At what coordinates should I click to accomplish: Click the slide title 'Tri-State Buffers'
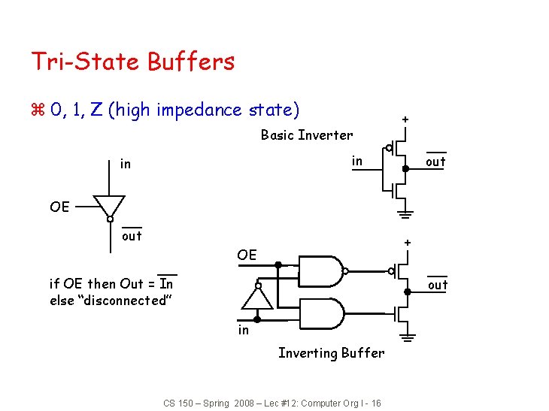132,62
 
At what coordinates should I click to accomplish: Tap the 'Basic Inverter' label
306,135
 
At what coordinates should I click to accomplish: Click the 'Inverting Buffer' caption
331,352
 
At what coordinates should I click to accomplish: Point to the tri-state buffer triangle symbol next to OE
109,205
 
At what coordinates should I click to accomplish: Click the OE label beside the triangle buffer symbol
59,206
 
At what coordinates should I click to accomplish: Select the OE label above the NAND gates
247,255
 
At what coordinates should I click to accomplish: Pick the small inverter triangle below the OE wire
257,298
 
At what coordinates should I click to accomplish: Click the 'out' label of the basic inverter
435,162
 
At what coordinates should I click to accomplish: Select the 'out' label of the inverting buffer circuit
438,285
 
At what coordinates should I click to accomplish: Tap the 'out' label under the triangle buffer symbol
132,236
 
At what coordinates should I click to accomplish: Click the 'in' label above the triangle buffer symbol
126,163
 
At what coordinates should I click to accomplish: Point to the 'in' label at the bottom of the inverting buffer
243,329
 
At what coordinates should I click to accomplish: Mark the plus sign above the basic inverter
405,119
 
